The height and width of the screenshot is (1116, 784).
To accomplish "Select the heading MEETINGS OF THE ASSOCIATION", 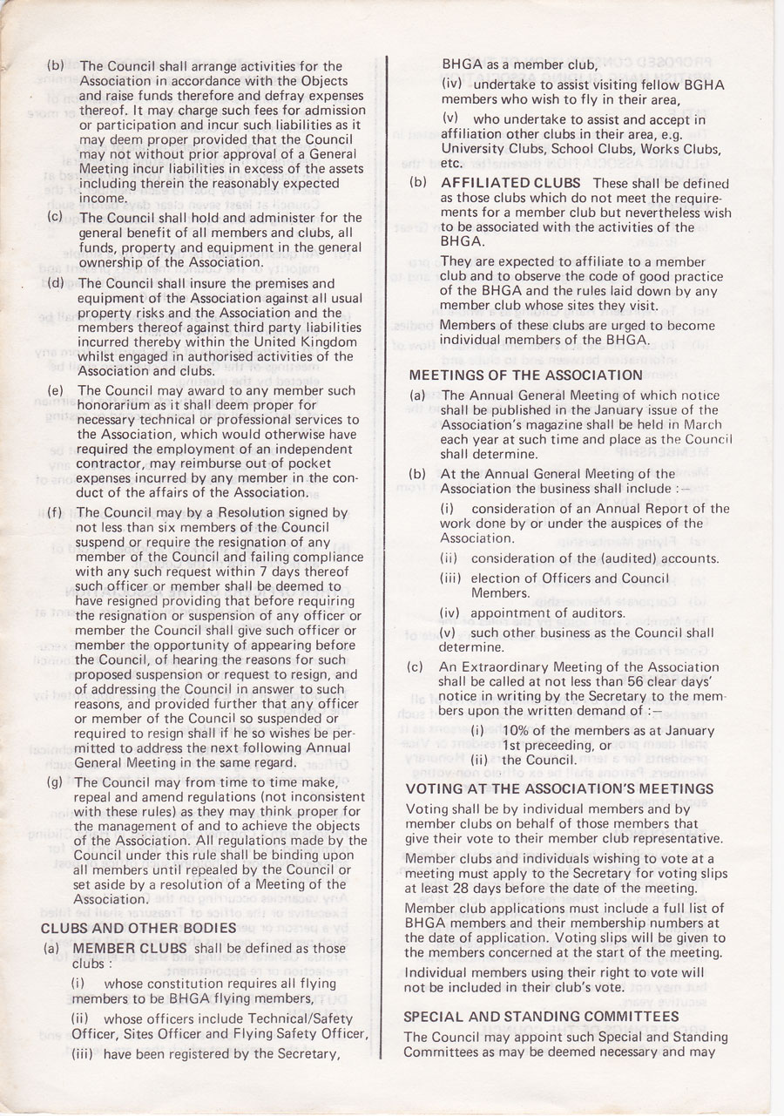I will pyautogui.click(x=526, y=375).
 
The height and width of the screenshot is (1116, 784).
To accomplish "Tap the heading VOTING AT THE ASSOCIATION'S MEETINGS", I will pyautogui.click(x=560, y=788).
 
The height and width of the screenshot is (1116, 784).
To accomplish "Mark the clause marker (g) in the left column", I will pyautogui.click(x=55, y=781).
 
